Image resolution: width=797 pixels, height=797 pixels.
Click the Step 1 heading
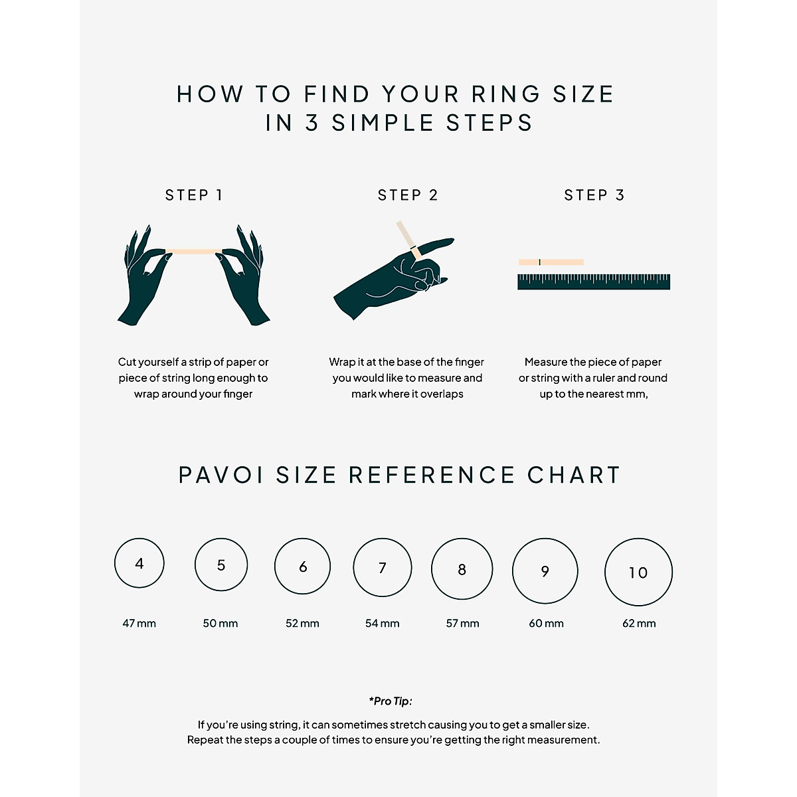click(x=193, y=195)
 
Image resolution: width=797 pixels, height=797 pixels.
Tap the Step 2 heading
click(x=408, y=195)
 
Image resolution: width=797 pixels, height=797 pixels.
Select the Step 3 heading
click(x=594, y=195)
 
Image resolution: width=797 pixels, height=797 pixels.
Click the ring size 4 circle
click(x=139, y=563)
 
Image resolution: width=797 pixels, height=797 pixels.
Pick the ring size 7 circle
click(x=383, y=567)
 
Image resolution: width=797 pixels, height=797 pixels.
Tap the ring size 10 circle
click(x=638, y=572)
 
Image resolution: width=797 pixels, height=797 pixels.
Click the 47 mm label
click(x=139, y=624)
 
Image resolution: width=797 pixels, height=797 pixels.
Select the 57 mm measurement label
click(x=463, y=624)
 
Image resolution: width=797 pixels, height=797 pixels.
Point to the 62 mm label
click(x=639, y=624)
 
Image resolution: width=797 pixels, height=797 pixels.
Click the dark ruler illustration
click(x=594, y=282)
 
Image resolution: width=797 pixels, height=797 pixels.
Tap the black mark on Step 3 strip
click(x=539, y=262)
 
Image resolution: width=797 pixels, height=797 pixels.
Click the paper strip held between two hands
click(x=193, y=251)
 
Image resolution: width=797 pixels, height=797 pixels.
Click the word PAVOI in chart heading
click(x=221, y=476)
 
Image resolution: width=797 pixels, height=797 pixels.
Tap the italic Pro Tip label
click(x=391, y=701)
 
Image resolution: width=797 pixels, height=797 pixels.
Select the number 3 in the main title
click(x=312, y=124)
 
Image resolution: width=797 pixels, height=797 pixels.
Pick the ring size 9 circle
click(x=545, y=571)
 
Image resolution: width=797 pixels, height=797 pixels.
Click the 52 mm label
click(x=302, y=624)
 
